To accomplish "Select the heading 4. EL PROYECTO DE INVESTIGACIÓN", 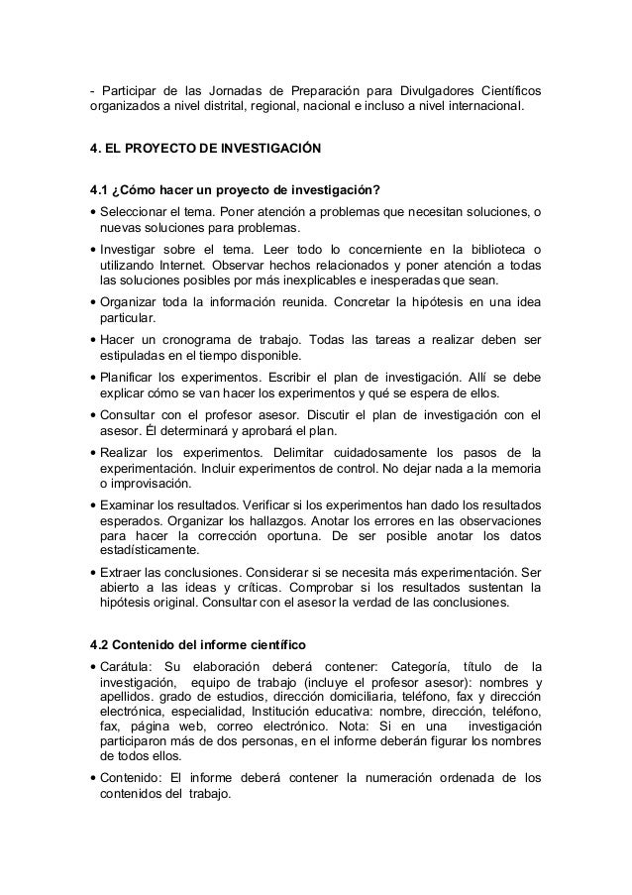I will pos(205,149).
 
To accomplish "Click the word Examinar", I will pos(128,503).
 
